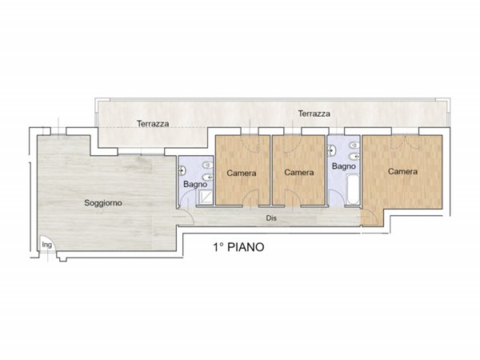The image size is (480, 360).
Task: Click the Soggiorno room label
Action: (103, 203)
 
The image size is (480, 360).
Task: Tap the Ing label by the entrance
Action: (47, 245)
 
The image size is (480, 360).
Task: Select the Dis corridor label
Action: (271, 218)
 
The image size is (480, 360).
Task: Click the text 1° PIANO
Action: (238, 247)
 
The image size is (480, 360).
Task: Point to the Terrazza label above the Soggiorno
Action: (153, 124)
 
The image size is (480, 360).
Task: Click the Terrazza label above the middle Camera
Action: (314, 114)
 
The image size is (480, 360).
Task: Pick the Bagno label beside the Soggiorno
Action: (195, 185)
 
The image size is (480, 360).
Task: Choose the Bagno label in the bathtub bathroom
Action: (344, 166)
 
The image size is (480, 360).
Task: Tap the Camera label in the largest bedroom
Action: (402, 171)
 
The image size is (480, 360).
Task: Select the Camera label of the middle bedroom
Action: (298, 173)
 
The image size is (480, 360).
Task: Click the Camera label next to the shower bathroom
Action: (242, 174)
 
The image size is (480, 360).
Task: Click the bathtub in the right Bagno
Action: (353, 189)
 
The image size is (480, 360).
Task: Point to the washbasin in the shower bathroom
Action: (182, 170)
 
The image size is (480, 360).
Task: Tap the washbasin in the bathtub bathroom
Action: (331, 150)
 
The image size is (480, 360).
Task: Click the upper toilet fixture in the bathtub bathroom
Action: (354, 145)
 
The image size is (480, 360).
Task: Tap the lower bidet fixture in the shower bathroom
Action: (208, 177)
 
